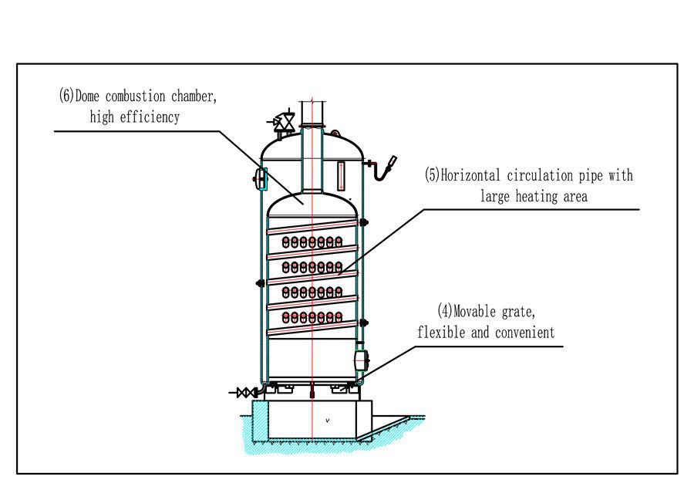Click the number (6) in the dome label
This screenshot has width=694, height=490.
point(66,96)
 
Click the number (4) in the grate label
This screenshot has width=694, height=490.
point(445,312)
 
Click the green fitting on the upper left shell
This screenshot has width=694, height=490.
point(261,179)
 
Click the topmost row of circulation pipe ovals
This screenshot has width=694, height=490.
point(312,242)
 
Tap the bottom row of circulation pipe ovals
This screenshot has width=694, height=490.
point(312,317)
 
